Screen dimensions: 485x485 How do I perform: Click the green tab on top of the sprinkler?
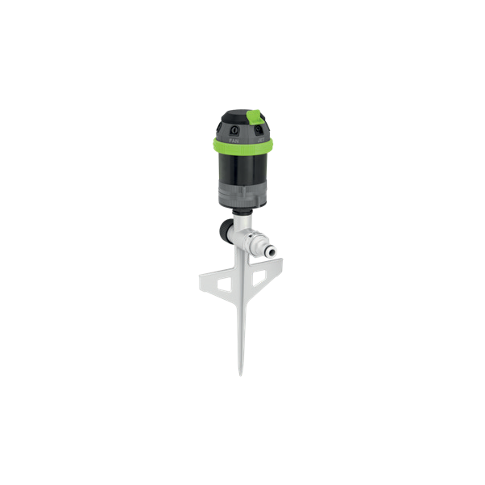252,117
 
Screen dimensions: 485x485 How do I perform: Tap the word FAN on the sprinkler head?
234,140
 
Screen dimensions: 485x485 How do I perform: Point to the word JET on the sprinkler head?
261,139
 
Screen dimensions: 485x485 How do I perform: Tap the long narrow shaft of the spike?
241,331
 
